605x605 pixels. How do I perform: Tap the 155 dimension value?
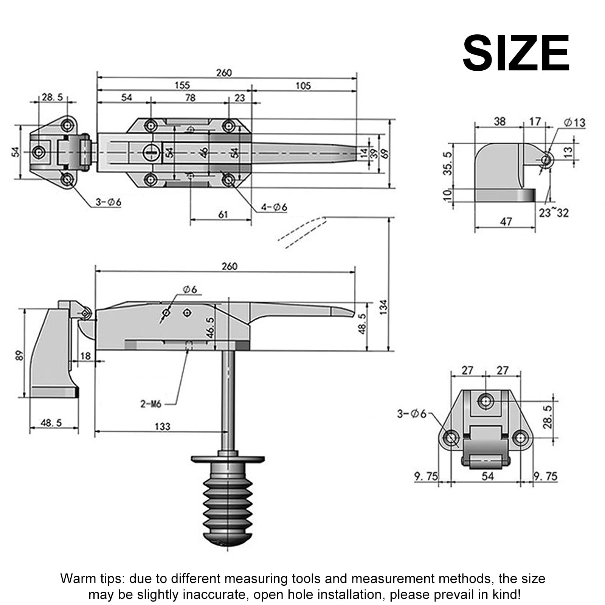pyautogui.click(x=182, y=85)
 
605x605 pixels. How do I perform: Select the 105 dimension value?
pyautogui.click(x=303, y=86)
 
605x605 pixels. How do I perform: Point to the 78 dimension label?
pyautogui.click(x=190, y=98)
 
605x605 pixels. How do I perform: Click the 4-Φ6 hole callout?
pyautogui.click(x=274, y=207)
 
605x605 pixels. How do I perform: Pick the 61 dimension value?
pyautogui.click(x=223, y=214)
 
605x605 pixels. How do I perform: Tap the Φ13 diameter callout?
pyautogui.click(x=574, y=122)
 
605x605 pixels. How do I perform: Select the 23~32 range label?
pyautogui.click(x=554, y=213)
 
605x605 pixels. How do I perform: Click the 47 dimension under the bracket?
pyautogui.click(x=506, y=221)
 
